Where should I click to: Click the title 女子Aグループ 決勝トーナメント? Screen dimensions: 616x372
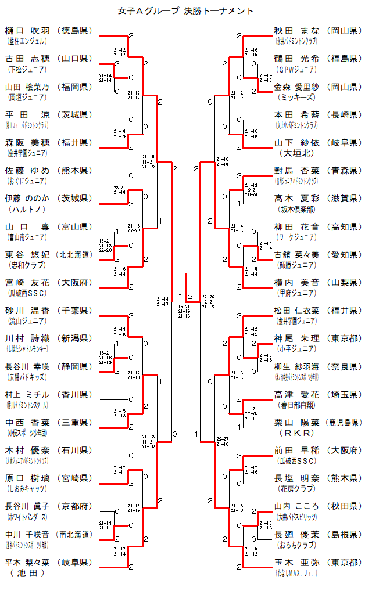[x=185, y=10]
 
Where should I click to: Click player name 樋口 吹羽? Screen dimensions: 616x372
[x=27, y=31]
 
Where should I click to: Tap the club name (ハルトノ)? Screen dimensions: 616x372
[x=27, y=209]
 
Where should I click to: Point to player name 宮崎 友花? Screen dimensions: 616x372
[x=27, y=283]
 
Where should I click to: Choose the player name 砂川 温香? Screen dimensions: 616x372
[x=27, y=311]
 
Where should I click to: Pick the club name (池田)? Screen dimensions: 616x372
[x=27, y=573]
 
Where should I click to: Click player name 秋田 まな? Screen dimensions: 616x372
[x=296, y=31]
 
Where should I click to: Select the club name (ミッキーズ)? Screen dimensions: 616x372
[x=296, y=97]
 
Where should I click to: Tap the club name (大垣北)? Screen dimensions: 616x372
[x=296, y=153]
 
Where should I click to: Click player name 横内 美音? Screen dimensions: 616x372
[x=296, y=283]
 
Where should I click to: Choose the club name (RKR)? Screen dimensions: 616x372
[x=296, y=433]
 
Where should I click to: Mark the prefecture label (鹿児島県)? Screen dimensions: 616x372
[x=343, y=423]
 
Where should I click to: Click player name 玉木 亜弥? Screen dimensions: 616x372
[x=296, y=563]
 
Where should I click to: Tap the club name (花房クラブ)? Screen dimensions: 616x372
[x=296, y=489]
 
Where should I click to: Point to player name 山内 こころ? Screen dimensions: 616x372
[x=296, y=507]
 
